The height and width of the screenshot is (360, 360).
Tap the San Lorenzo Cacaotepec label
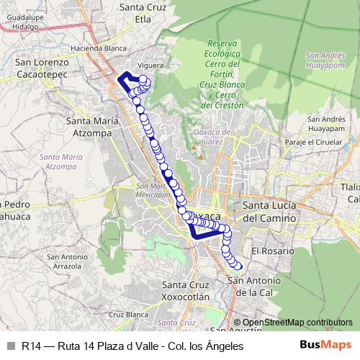42,68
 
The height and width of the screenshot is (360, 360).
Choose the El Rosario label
273,251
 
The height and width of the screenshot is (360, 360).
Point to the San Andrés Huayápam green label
331,60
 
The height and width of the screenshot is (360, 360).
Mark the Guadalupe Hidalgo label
20,19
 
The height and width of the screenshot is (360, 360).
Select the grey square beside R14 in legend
11,346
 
